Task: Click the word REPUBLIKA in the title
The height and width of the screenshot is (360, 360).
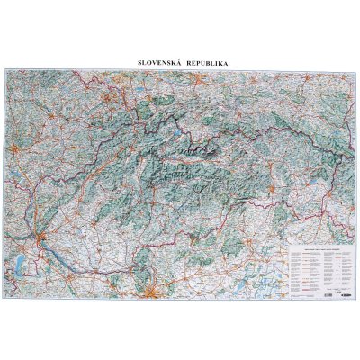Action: coord(202,62)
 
